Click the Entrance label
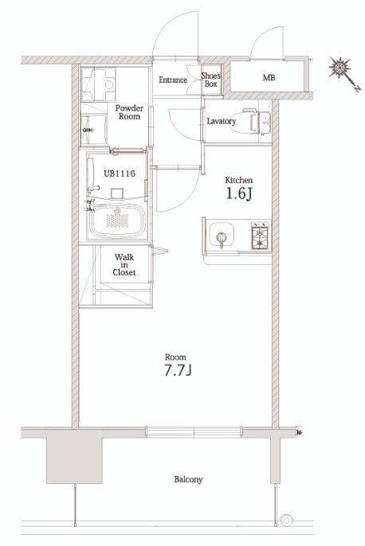pyautogui.click(x=173, y=80)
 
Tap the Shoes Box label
pyautogui.click(x=211, y=80)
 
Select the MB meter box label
pyautogui.click(x=269, y=78)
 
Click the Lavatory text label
pyautogui.click(x=222, y=121)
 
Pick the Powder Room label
pyautogui.click(x=129, y=112)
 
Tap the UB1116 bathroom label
pyautogui.click(x=120, y=173)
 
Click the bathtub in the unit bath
pyautogui.click(x=117, y=220)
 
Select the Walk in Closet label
pyautogui.click(x=124, y=264)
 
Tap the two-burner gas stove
pyautogui.click(x=261, y=236)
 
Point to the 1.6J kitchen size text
pyautogui.click(x=239, y=194)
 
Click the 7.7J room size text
pyautogui.click(x=178, y=371)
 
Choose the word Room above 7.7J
pyautogui.click(x=175, y=357)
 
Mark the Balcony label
pyautogui.click(x=188, y=479)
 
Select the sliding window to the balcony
pyautogui.click(x=194, y=431)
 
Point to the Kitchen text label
pyautogui.click(x=239, y=180)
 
